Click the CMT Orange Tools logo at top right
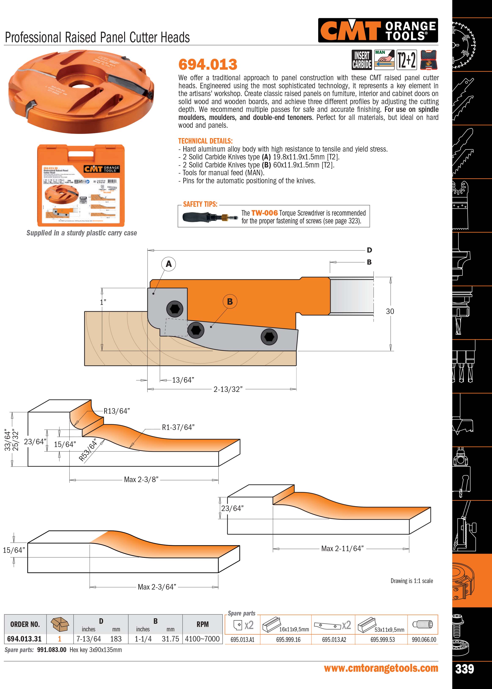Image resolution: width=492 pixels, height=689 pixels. coord(378,30)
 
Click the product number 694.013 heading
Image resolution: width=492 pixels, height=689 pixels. coord(208,64)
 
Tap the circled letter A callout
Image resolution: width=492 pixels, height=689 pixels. coord(169,264)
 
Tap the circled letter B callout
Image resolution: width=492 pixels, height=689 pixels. coord(230,301)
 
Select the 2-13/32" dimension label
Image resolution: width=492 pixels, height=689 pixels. coord(228,389)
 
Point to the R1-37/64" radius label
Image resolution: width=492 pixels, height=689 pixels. coord(178,427)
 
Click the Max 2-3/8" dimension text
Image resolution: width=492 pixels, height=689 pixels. coord(141,480)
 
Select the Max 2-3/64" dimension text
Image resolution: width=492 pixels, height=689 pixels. coord(157,587)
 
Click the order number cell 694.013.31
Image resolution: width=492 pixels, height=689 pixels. coord(24,639)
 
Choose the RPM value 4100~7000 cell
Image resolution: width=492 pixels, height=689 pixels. coord(202,639)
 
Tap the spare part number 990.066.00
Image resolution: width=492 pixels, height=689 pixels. coord(424,640)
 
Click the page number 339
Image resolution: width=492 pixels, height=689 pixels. coord(465,669)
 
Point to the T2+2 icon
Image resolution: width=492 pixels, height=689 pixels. coord(407,60)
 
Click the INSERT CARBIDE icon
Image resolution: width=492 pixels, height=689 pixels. coord(362,60)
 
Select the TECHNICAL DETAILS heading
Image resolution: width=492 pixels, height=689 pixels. coord(205,141)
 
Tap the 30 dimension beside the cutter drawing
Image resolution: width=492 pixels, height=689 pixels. coord(390,311)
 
